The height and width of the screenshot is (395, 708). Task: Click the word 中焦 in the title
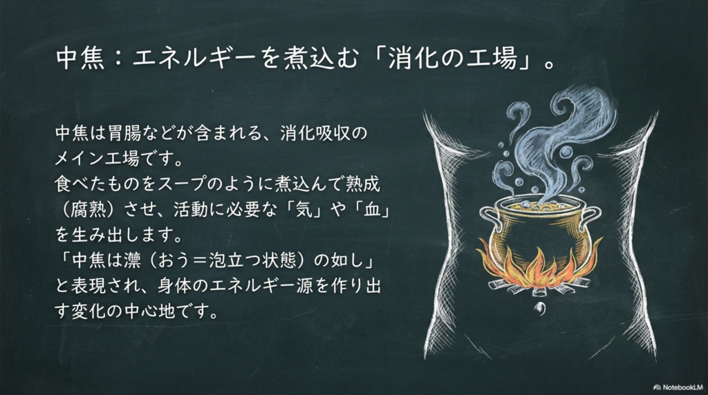(x=81, y=59)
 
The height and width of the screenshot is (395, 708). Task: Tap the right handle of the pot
(x=590, y=217)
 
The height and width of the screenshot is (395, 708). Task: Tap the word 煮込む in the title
(x=319, y=59)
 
